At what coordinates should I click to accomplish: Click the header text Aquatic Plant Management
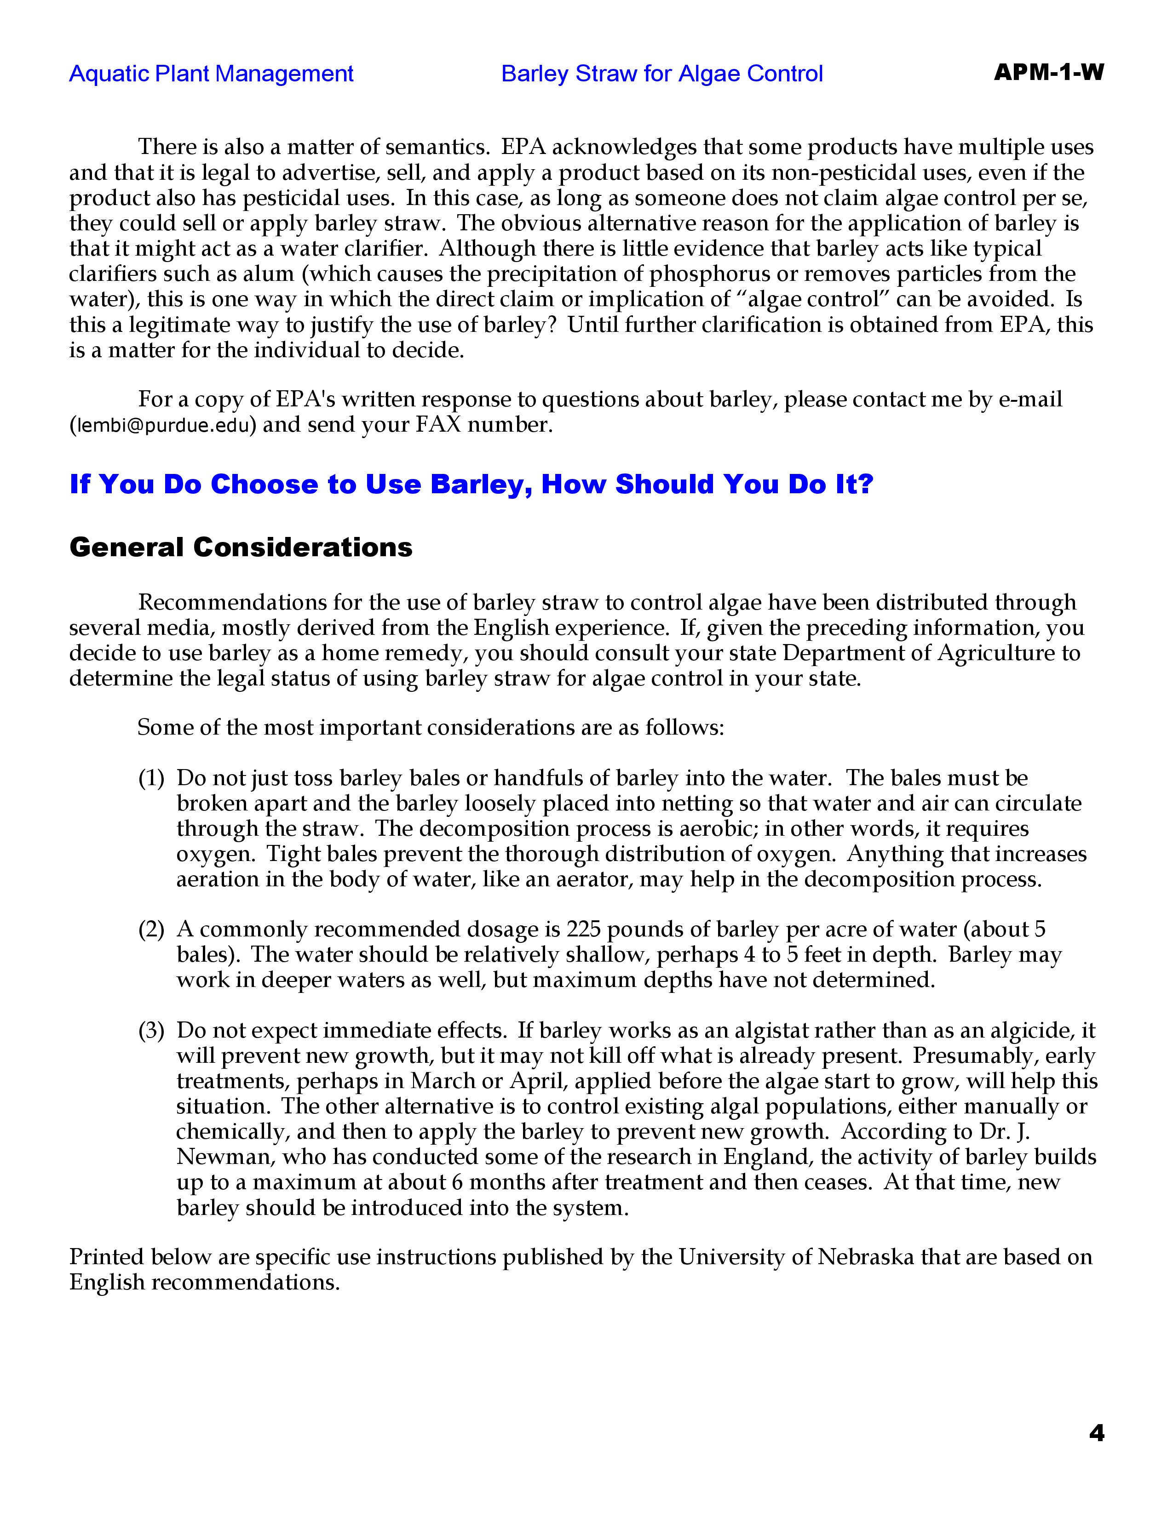click(211, 74)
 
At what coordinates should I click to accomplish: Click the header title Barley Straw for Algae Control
click(661, 74)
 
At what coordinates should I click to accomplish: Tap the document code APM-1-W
click(1048, 72)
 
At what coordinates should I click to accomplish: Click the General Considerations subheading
click(241, 547)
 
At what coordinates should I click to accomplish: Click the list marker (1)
click(151, 779)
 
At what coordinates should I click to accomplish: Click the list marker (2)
click(151, 930)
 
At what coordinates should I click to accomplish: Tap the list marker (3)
click(151, 1031)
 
